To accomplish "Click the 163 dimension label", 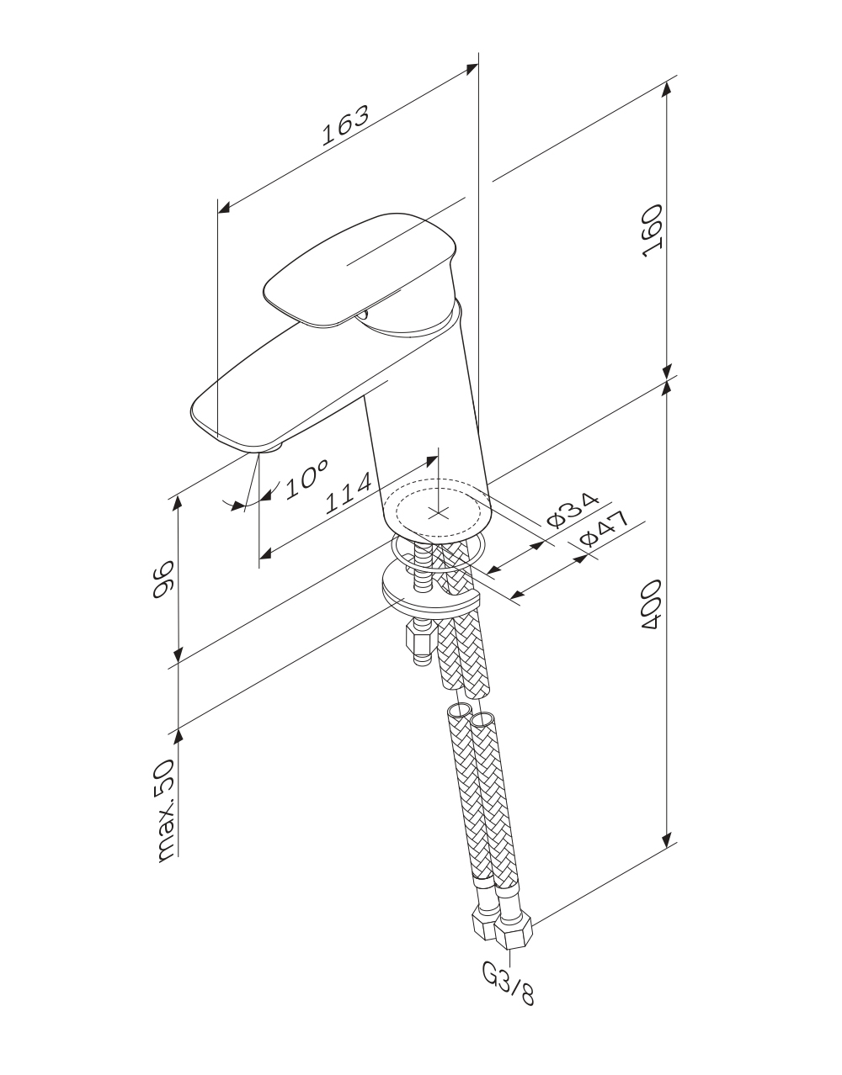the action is click(345, 125).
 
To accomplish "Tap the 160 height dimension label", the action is click(652, 230).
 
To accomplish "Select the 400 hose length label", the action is click(652, 604).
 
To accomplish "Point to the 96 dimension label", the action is click(163, 580).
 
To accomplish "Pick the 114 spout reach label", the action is click(348, 493).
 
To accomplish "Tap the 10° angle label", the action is click(306, 479).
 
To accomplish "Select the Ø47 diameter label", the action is click(604, 528).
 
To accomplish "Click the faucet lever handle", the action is click(360, 269).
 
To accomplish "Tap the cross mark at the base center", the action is click(438, 513).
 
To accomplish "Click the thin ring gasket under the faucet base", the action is click(438, 553).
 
